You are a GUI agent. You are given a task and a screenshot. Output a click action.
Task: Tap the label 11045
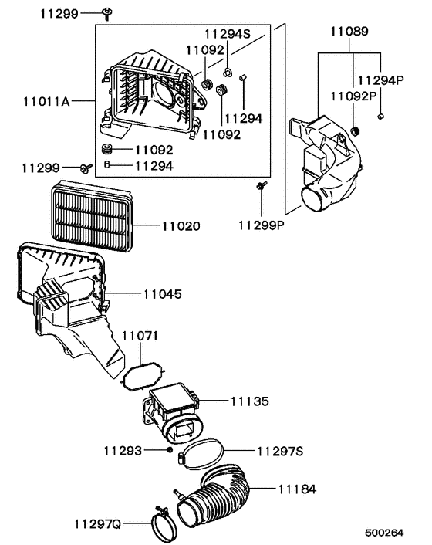click(162, 294)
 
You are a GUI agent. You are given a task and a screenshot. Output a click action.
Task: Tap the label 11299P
click(262, 225)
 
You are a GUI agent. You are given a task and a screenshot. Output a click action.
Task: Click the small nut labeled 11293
click(169, 449)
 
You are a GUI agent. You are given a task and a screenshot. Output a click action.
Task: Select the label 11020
click(181, 227)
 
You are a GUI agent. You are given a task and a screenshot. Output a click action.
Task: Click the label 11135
click(249, 401)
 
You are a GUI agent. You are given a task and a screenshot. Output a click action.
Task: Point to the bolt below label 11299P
click(261, 184)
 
